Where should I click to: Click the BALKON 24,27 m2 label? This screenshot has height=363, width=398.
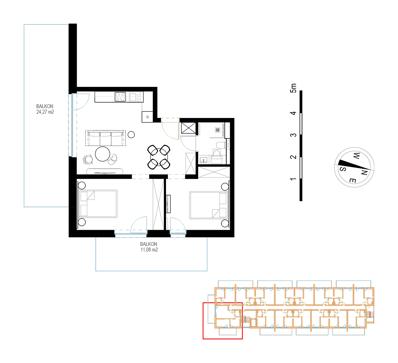coord(45,109)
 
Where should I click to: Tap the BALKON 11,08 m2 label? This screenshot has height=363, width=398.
coord(149,247)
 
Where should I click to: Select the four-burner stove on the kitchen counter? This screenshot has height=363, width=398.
coord(120,97)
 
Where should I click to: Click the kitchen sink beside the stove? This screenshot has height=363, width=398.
coord(133,97)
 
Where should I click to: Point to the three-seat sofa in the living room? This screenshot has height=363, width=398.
coord(106,138)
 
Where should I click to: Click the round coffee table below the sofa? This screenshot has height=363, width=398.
coord(103,154)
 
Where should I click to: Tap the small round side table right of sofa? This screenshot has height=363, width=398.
coord(131,135)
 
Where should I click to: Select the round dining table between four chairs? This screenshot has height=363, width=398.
coord(158,157)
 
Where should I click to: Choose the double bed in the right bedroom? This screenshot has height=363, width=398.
coord(209,205)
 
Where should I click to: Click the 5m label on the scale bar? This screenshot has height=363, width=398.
coord(293,88)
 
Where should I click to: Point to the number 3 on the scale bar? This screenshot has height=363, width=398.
coord(293,135)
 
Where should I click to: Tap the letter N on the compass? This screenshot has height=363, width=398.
coord(364,173)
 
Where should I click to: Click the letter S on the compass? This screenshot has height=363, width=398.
coord(343,169)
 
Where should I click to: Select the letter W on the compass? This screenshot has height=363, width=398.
coord(356,155)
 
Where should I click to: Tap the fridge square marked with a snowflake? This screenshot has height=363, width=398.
coord(147,117)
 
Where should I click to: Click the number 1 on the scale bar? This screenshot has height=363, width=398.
coord(293,179)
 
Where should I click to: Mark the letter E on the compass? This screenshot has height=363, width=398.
coord(352,181)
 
